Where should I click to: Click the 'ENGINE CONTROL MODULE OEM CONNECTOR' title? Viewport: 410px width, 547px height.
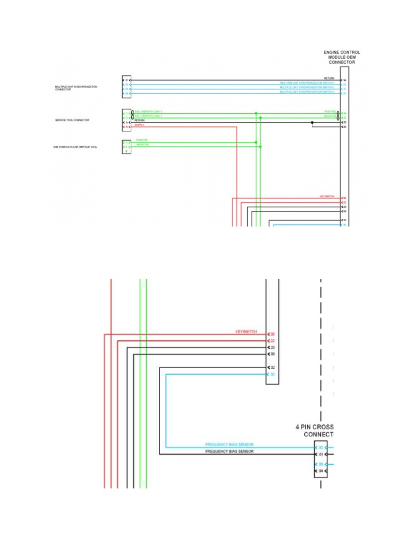pyautogui.click(x=342, y=57)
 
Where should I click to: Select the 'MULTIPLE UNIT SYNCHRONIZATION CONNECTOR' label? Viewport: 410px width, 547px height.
pyautogui.click(x=76, y=88)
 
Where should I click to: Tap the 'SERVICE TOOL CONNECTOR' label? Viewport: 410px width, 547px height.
pyautogui.click(x=72, y=120)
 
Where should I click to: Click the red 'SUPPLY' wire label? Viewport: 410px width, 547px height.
pyautogui.click(x=139, y=125)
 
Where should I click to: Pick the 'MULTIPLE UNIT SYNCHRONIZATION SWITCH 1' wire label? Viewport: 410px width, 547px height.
pyautogui.click(x=307, y=83)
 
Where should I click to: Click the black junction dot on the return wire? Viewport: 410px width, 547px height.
pyautogui.click(x=312, y=122)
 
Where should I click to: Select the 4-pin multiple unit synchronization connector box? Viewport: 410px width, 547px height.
pyautogui.click(x=126, y=87)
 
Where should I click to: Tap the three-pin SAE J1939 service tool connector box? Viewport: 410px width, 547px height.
pyautogui.click(x=126, y=146)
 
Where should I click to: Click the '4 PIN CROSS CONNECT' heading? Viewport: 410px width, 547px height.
pyautogui.click(x=314, y=431)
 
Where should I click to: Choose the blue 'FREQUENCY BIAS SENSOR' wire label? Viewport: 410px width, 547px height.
pyautogui.click(x=230, y=444)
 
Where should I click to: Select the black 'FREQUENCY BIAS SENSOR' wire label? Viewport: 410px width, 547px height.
pyautogui.click(x=230, y=452)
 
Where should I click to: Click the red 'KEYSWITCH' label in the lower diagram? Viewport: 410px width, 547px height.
pyautogui.click(x=246, y=332)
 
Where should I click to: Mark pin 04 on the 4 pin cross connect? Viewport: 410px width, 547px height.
pyautogui.click(x=321, y=471)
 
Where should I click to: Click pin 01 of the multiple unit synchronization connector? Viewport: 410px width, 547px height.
pyautogui.click(x=127, y=80)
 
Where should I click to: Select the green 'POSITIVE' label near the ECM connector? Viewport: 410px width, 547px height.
pyautogui.click(x=330, y=112)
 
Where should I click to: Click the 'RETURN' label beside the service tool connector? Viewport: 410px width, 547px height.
pyautogui.click(x=139, y=121)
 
